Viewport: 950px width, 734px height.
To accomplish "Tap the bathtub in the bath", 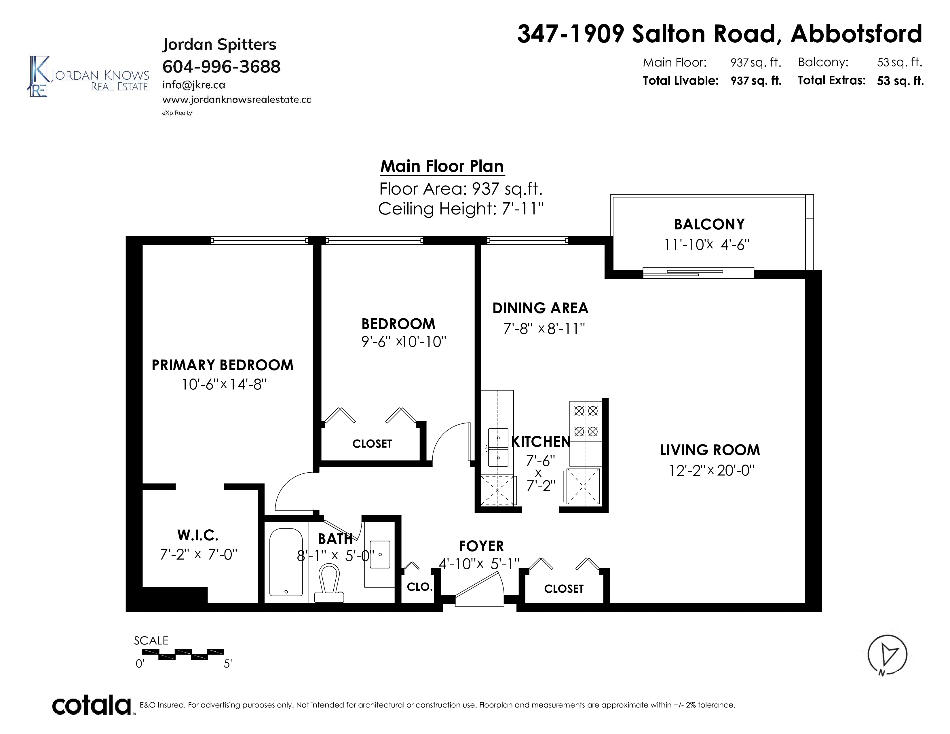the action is point(286,562).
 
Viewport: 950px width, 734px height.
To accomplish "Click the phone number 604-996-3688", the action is point(221,66).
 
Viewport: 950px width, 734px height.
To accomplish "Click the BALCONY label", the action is point(709,225).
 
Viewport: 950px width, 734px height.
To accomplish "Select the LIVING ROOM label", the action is point(709,450).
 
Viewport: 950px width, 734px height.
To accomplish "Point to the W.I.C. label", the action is point(198,535).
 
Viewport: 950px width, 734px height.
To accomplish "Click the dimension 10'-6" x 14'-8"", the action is point(224,384).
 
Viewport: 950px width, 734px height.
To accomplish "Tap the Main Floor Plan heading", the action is point(442,166).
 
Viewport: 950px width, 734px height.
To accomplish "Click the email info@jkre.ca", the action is point(193,85).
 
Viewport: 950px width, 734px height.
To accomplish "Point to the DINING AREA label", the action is point(540,308).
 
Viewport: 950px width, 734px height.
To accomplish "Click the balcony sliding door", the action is point(698,273).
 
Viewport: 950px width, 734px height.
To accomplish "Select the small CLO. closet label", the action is point(420,587).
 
